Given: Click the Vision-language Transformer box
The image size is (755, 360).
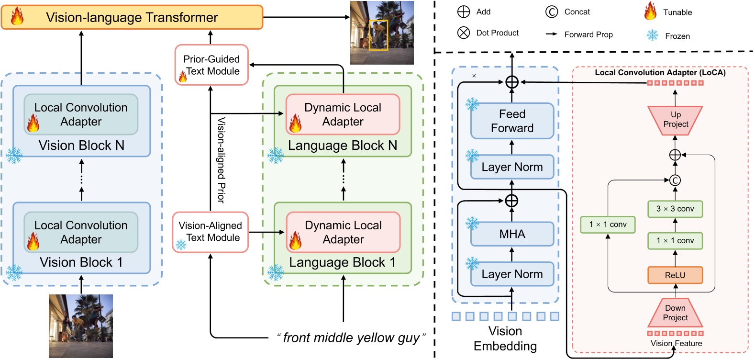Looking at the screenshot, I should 132,18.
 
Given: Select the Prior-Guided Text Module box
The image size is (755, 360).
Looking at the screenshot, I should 211,65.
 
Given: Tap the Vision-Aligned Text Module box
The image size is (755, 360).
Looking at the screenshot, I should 211,232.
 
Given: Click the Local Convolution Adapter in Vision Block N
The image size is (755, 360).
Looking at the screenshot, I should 81,114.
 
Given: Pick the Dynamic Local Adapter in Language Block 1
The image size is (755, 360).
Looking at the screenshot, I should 343,232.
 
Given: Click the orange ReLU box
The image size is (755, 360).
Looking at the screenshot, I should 675,275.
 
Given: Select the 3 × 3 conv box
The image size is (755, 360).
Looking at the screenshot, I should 675,209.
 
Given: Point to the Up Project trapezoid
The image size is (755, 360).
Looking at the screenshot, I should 675,120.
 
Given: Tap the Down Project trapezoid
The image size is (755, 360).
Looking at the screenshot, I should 675,313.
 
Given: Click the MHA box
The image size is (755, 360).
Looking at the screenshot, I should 512,234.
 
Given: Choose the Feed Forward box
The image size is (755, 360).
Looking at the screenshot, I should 512,121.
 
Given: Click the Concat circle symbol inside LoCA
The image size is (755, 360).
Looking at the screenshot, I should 675,180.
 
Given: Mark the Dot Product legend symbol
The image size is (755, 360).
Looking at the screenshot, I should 464,33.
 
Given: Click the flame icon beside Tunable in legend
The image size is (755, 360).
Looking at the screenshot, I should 650,11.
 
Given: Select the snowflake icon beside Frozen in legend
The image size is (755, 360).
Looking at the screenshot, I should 653,35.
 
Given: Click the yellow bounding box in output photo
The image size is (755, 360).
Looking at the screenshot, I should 378,35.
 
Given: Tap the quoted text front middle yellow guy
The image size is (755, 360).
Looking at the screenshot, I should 351,338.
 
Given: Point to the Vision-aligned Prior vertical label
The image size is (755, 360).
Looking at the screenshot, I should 221,160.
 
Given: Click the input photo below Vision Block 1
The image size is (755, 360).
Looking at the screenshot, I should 81,326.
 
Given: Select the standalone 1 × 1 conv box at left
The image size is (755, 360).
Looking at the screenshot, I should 608,225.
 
